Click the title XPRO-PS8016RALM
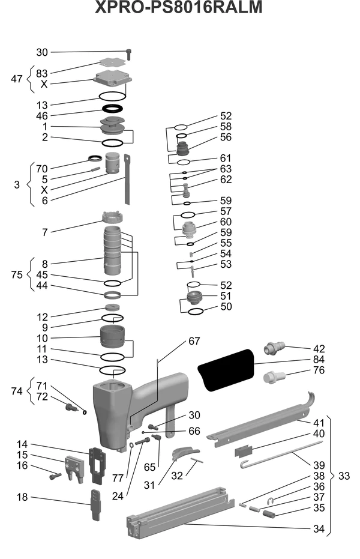click(179, 7)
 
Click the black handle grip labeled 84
click(226, 370)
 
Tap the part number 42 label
click(319, 349)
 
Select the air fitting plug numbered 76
click(274, 377)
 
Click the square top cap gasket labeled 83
click(113, 62)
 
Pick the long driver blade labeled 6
click(127, 180)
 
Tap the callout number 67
click(194, 341)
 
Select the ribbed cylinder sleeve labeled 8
click(113, 250)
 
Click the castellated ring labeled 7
click(113, 216)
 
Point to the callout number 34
click(319, 529)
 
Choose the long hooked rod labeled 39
click(281, 455)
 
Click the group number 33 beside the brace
click(344, 476)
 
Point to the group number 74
click(17, 391)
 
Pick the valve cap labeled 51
click(194, 297)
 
